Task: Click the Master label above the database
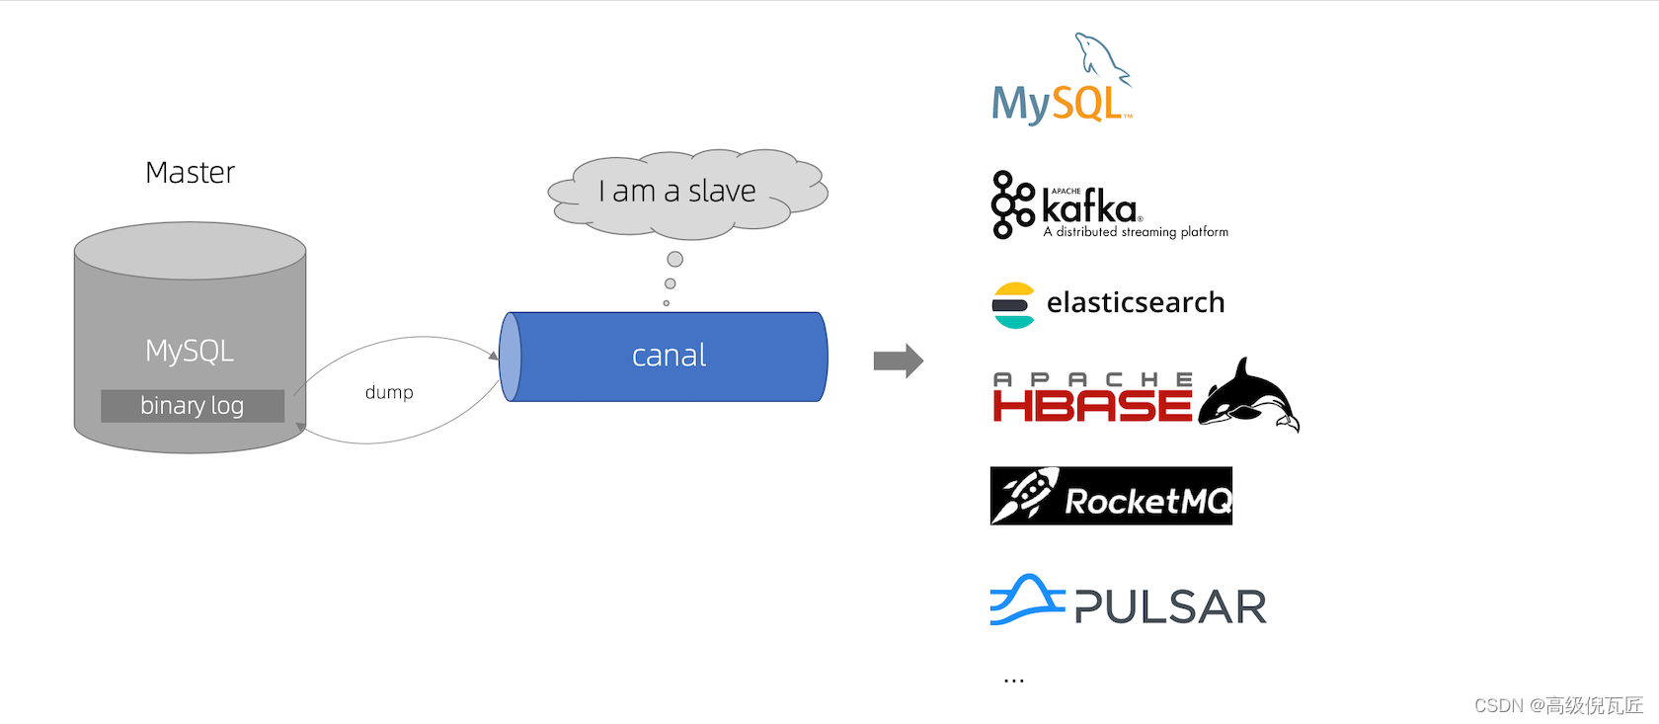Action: point(191,173)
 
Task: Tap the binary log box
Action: point(193,406)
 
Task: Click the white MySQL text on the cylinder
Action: point(190,351)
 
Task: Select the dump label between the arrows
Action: point(389,392)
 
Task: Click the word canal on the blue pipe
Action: point(669,356)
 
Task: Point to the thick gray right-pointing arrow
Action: point(899,361)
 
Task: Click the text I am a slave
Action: point(677,192)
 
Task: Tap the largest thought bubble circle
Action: point(674,260)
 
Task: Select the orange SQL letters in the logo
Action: point(1088,103)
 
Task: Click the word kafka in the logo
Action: point(1089,207)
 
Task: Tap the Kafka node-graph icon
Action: point(1012,204)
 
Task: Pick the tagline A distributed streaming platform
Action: point(1136,232)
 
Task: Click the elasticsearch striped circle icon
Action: point(1013,305)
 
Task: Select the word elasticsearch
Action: point(1136,302)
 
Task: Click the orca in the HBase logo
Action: point(1248,396)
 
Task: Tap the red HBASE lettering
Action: point(1092,406)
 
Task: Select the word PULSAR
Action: point(1170,606)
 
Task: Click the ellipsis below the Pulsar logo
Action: point(1014,681)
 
